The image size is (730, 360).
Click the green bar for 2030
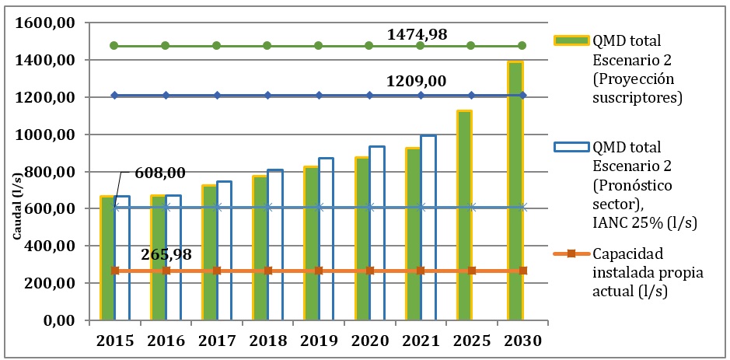515,191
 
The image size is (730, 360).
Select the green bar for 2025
464,215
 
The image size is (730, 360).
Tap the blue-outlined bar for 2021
428,228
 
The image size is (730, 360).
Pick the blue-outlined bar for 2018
275,246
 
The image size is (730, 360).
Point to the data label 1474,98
417,34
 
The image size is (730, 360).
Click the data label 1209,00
417,81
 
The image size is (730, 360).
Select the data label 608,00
160,173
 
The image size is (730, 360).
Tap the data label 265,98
166,254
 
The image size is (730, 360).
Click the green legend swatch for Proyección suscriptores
571,39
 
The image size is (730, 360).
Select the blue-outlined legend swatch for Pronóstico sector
571,147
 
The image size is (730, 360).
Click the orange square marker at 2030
523,271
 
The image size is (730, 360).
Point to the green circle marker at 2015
114,46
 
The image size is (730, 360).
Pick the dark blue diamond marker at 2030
522,96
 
